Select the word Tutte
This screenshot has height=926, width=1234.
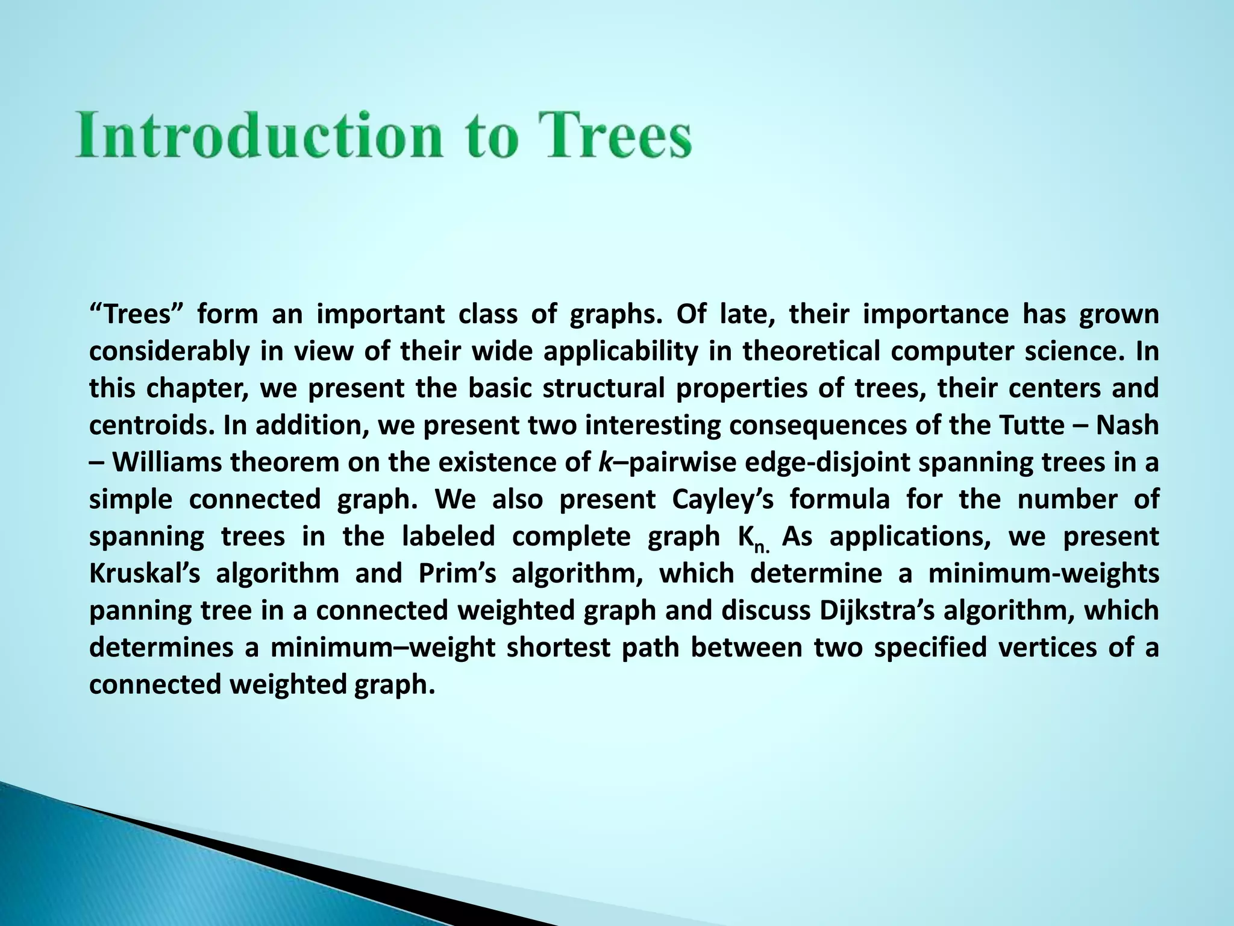1031,426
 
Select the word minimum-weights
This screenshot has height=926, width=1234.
1043,573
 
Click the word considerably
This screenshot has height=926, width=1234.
169,351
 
